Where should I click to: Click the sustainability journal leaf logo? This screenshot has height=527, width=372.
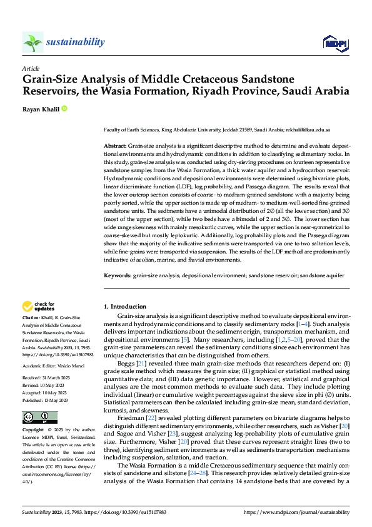click(33, 43)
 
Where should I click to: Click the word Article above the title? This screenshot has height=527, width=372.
click(31, 68)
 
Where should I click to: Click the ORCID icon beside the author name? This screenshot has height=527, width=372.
click(64, 108)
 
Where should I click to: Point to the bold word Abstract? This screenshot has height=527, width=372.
click(114, 145)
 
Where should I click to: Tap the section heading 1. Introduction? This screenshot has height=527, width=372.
click(124, 307)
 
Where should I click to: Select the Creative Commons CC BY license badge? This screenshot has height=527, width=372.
click(39, 417)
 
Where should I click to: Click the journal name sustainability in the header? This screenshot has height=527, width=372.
click(75, 42)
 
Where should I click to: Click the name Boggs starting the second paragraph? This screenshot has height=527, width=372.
click(126, 364)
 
